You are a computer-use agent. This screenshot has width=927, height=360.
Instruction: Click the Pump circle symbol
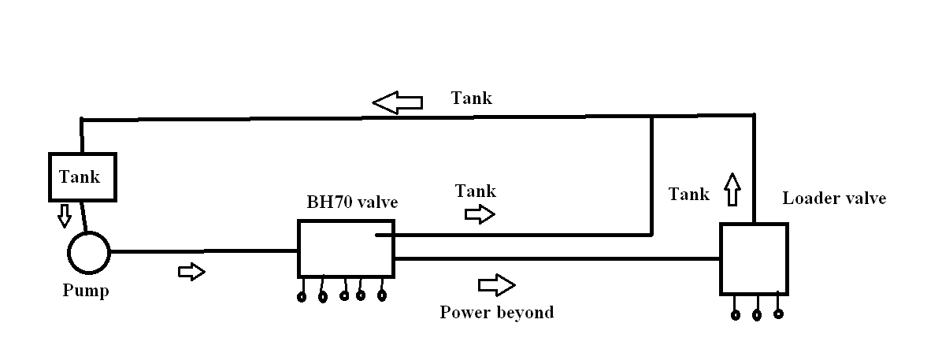(x=88, y=252)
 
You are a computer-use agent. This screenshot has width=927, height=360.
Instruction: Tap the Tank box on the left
(x=82, y=176)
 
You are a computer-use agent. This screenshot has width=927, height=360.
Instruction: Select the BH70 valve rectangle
(x=345, y=248)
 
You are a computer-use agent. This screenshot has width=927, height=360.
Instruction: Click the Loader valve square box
(x=754, y=258)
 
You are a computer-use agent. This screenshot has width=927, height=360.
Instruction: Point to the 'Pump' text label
(x=85, y=291)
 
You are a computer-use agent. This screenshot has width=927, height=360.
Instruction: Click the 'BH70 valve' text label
(x=352, y=202)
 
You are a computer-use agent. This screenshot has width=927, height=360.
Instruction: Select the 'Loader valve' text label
(x=833, y=199)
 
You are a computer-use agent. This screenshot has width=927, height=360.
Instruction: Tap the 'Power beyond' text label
(x=496, y=313)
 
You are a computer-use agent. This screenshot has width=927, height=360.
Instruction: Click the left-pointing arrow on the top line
(x=398, y=102)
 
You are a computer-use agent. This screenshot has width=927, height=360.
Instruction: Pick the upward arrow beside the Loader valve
(x=732, y=189)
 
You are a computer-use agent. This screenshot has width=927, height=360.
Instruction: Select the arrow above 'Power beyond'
(x=496, y=284)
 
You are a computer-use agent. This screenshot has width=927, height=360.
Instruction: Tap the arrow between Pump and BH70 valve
(x=191, y=272)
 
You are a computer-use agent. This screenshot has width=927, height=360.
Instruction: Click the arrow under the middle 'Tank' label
(x=480, y=214)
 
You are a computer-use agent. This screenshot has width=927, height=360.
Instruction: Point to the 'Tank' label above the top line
(x=471, y=98)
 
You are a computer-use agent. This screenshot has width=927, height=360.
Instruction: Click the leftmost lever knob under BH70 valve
(x=302, y=297)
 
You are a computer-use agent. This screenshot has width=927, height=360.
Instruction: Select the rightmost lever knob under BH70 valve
(x=383, y=296)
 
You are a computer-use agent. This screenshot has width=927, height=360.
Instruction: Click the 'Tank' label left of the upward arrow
(x=688, y=194)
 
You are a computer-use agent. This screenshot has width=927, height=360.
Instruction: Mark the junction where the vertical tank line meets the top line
(x=652, y=118)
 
